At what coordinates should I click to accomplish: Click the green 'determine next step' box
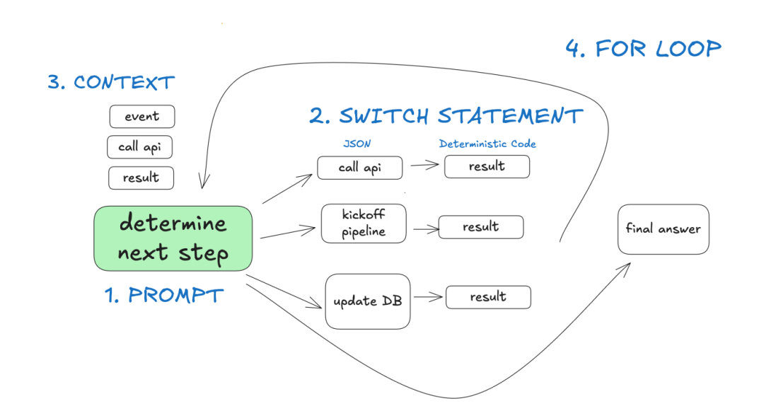(173, 238)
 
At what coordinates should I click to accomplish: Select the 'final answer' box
(663, 229)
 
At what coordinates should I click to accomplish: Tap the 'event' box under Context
(141, 117)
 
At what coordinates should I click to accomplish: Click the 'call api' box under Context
(140, 147)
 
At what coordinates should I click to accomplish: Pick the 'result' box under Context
(141, 178)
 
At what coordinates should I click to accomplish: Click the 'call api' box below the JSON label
(359, 168)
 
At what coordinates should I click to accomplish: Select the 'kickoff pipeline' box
(364, 224)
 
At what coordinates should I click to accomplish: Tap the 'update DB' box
(367, 301)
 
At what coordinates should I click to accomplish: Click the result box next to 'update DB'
(487, 297)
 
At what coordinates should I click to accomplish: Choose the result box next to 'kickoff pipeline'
(480, 227)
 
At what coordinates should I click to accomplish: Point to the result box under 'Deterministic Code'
(487, 166)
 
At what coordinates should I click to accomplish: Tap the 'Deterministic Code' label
(487, 144)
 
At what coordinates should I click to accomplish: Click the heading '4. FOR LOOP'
(643, 49)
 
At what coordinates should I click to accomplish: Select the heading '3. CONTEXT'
(110, 82)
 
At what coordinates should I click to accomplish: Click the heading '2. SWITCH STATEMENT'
(446, 115)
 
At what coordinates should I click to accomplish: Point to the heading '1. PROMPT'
(164, 295)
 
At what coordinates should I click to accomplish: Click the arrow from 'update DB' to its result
(428, 298)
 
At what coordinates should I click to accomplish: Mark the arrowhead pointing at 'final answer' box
(627, 265)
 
